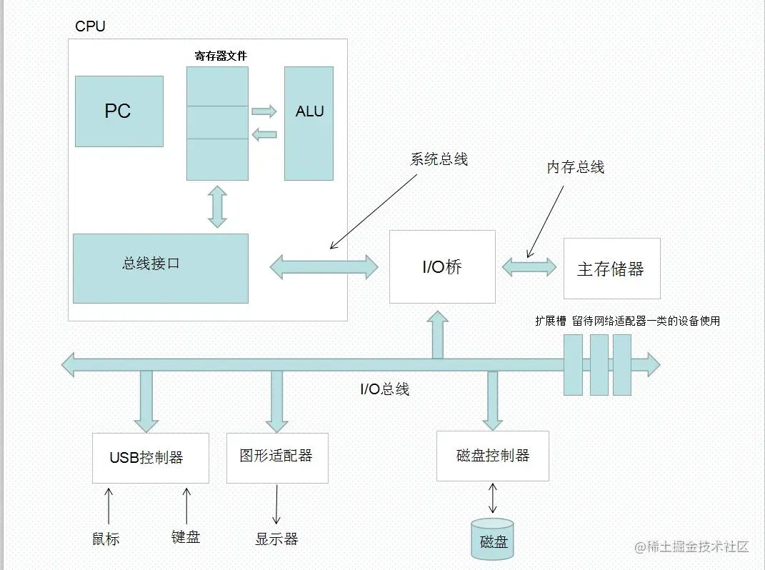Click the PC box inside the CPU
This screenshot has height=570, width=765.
click(x=119, y=111)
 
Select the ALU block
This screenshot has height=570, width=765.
click(x=309, y=124)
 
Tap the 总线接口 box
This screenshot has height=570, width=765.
click(x=161, y=269)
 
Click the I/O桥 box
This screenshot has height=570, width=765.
click(x=442, y=267)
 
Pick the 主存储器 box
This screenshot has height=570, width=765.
click(x=612, y=269)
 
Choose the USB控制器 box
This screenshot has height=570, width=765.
click(x=151, y=458)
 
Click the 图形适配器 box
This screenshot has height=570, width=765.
click(x=277, y=458)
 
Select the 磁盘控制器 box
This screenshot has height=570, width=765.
click(x=493, y=456)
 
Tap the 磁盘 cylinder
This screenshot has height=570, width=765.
click(x=493, y=539)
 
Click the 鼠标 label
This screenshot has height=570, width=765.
click(x=106, y=539)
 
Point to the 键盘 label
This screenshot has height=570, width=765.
click(x=186, y=537)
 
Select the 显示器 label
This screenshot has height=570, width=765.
click(x=276, y=539)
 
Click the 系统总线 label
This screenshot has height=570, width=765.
click(x=439, y=159)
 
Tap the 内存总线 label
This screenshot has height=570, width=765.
click(x=576, y=167)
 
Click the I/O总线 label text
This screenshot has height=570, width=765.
click(x=384, y=389)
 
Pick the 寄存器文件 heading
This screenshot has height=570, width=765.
click(x=221, y=56)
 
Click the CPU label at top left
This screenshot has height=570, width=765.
click(x=90, y=26)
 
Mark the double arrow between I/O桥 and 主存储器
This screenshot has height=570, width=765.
click(x=529, y=267)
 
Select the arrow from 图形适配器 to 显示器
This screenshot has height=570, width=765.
click(x=276, y=504)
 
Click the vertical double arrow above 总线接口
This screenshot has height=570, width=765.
click(x=217, y=207)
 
